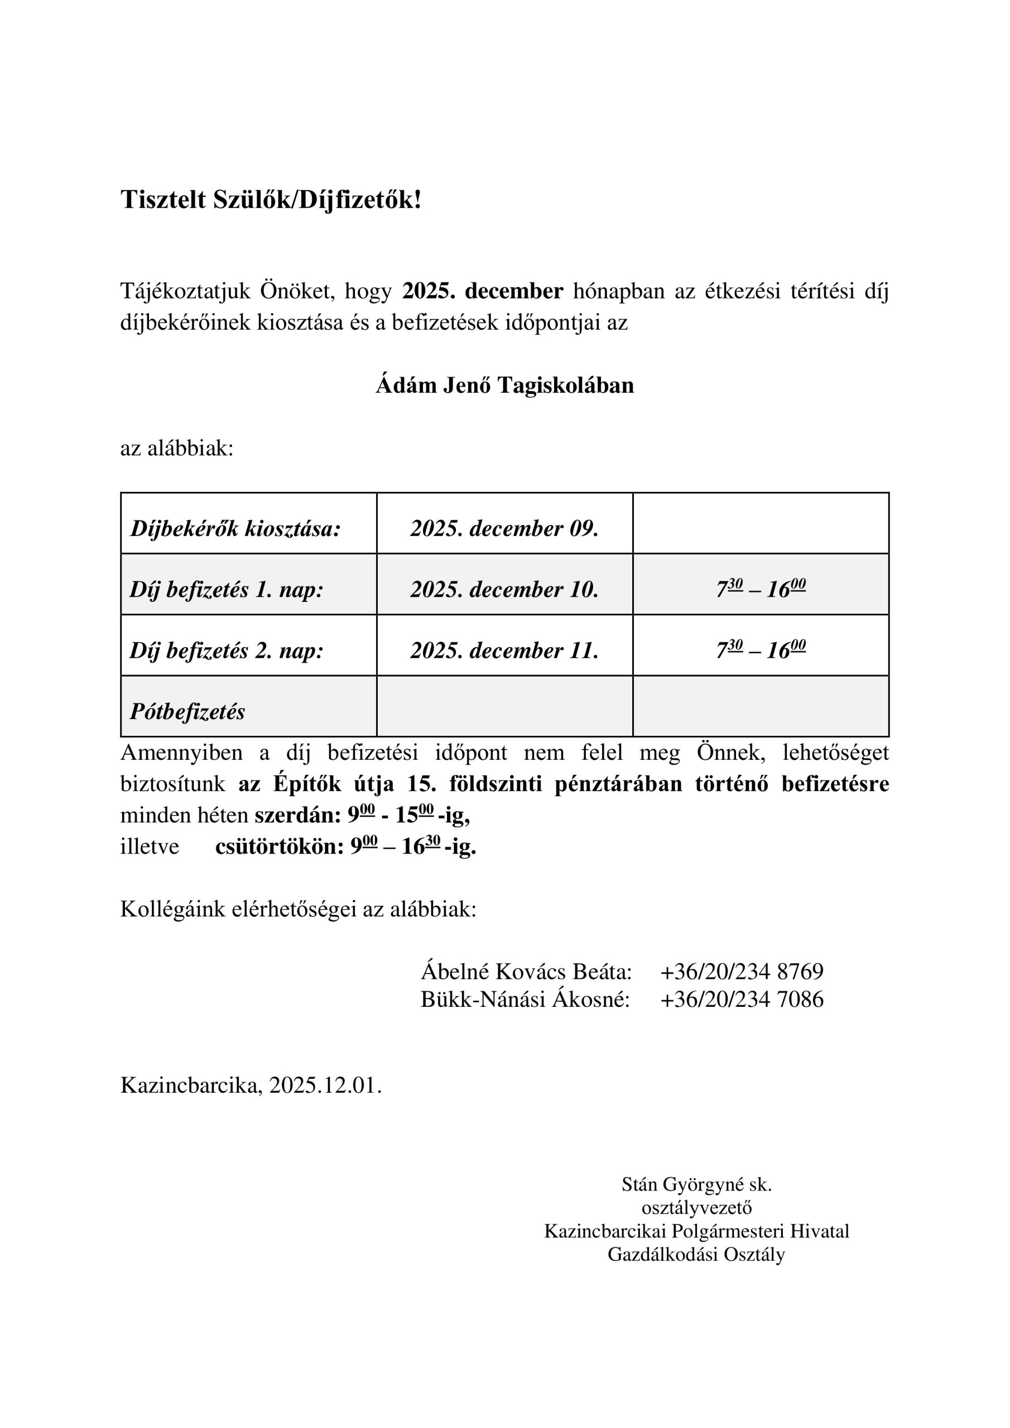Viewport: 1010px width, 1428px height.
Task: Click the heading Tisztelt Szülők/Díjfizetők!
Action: click(271, 200)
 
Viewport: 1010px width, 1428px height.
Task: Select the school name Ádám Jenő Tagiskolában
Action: click(504, 385)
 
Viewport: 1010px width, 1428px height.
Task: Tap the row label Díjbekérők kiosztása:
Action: click(235, 529)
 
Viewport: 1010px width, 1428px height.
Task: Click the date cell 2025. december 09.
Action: click(504, 529)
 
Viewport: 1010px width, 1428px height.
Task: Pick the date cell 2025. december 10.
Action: click(504, 590)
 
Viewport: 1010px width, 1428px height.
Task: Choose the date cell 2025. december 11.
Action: click(504, 650)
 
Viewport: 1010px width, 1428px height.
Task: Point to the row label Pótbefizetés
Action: click(187, 712)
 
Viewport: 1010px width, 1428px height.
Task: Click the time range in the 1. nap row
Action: click(761, 588)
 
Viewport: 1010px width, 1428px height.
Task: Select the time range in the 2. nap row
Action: click(761, 649)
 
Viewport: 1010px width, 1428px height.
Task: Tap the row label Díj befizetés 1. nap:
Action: click(227, 590)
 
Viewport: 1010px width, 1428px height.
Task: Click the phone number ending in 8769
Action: click(742, 971)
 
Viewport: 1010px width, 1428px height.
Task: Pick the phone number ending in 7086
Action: click(742, 999)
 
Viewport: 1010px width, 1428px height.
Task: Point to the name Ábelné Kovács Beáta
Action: click(526, 971)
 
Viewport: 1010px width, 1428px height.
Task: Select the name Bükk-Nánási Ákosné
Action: click(525, 999)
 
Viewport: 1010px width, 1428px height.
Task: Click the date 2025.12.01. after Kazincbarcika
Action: click(325, 1086)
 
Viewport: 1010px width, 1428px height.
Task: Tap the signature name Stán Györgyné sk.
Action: click(696, 1184)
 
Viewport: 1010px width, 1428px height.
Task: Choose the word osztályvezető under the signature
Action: click(696, 1207)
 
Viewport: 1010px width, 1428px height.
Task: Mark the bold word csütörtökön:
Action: click(280, 846)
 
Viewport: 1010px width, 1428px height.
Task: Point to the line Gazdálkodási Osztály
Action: click(696, 1255)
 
